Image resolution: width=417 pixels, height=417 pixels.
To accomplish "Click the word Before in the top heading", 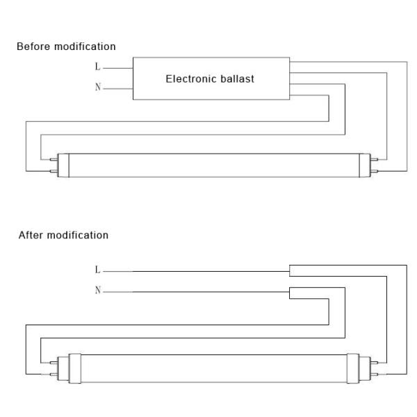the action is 33,47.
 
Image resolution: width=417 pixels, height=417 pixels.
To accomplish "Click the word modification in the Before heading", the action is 85,47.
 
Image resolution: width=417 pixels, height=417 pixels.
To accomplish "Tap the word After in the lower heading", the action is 31,235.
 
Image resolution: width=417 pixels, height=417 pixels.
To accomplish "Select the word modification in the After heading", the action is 77,235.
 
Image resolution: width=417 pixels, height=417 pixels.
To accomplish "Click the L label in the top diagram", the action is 97,67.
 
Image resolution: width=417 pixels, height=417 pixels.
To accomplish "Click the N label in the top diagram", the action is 98,87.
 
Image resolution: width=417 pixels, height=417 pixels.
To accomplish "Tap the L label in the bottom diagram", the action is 97,270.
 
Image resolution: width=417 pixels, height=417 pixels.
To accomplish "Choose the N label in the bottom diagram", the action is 98,290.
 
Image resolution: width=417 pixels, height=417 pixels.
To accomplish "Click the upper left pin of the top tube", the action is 54,160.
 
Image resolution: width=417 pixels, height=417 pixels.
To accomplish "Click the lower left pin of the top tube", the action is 54,171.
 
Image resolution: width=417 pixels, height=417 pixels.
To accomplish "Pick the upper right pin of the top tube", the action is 374,160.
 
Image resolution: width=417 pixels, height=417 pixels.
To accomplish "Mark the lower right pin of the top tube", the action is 374,171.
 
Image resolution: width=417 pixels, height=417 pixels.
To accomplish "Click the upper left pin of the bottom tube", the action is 54,363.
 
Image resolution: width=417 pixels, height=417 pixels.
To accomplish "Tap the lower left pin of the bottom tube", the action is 54,375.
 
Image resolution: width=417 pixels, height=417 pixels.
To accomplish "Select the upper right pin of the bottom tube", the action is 374,363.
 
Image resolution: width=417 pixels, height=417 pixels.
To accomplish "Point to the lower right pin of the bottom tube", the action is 374,375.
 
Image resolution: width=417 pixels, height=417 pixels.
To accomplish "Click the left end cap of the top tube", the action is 63,165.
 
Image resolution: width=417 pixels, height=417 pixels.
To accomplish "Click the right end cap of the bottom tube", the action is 359,368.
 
